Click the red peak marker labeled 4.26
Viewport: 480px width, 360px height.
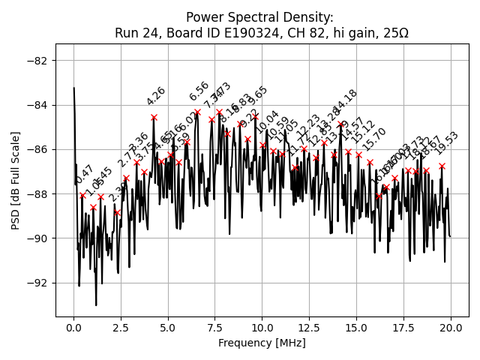click(x=154, y=117)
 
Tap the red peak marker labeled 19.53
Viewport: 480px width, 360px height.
click(x=442, y=166)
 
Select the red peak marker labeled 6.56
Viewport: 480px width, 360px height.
click(x=197, y=112)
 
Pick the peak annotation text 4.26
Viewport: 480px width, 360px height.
click(x=156, y=96)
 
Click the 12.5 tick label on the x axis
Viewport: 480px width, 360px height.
click(x=309, y=328)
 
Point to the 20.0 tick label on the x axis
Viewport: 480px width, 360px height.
click(x=450, y=328)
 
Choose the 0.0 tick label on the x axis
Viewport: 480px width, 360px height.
click(x=73, y=328)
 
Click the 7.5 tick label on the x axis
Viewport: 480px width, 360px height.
click(x=214, y=328)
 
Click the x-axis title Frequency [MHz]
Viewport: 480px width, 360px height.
click(x=262, y=343)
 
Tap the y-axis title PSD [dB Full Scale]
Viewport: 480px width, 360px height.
click(x=15, y=179)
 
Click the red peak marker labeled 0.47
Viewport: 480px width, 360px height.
click(x=82, y=195)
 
